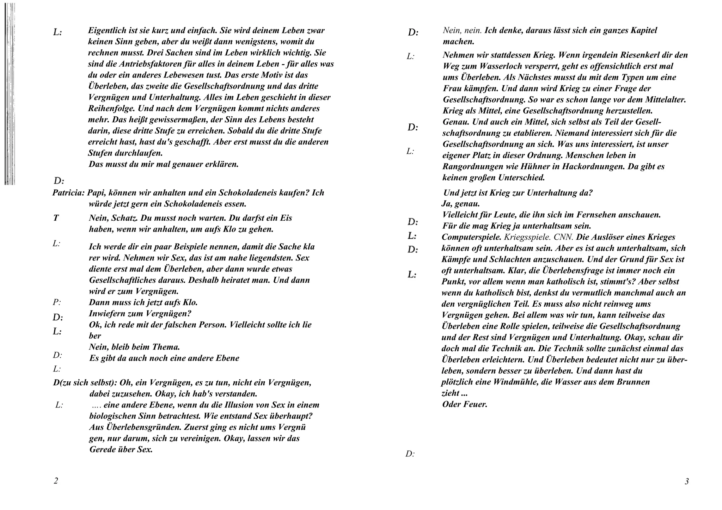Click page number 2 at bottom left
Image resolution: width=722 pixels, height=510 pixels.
pos(56,481)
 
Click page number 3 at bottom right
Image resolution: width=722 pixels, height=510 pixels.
pos(686,481)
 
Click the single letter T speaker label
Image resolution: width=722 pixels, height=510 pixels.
pos(56,218)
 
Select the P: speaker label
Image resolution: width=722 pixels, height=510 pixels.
pos(57,302)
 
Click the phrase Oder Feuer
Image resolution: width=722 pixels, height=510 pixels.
pos(464,404)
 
